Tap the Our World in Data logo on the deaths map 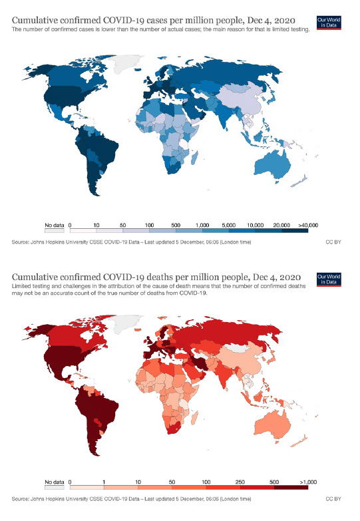[324, 279]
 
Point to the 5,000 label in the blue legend [230, 225]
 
